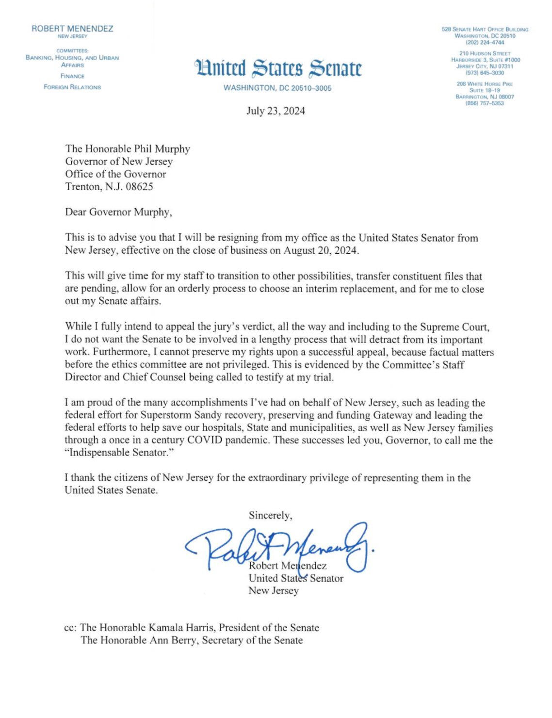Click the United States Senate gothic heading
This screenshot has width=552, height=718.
(278, 69)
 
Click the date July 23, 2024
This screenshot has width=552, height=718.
(276, 111)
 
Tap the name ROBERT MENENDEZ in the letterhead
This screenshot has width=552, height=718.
(72, 29)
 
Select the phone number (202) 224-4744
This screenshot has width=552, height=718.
(485, 42)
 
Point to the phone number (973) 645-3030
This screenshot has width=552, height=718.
(485, 73)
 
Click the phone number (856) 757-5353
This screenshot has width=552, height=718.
(485, 103)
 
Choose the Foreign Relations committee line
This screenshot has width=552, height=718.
(72, 87)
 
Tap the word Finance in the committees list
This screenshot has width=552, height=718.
(72, 76)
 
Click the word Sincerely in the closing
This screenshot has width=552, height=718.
(270, 515)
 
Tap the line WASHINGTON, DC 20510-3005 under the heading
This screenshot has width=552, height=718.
(277, 88)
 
